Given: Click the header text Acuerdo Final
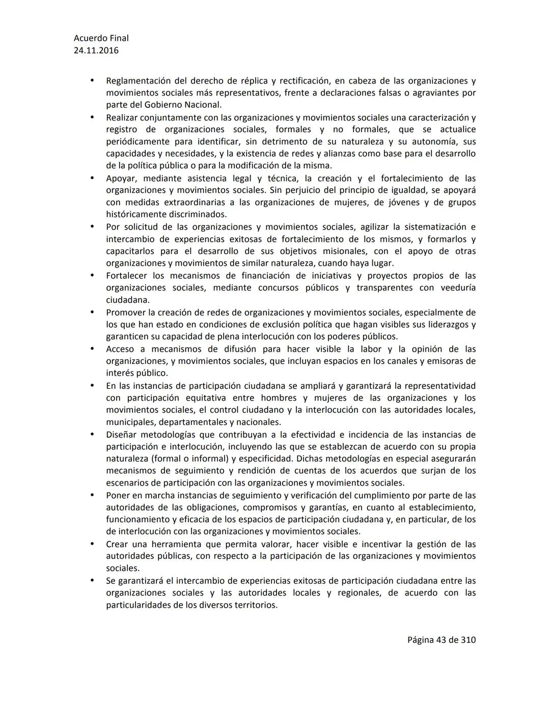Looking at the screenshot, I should pyautogui.click(x=101, y=38).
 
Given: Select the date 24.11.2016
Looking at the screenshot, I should pyautogui.click(x=96, y=50).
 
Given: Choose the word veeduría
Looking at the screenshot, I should pyautogui.click(x=457, y=288).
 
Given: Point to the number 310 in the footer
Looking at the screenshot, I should pyautogui.click(x=468, y=640).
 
